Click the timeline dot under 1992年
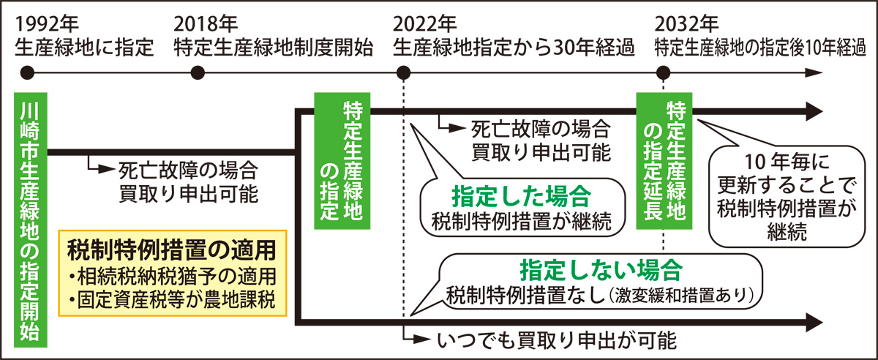point(28,73)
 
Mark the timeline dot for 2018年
point(197,73)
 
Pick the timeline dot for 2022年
point(402,73)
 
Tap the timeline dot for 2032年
point(663,73)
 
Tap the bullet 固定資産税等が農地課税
point(173,300)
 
